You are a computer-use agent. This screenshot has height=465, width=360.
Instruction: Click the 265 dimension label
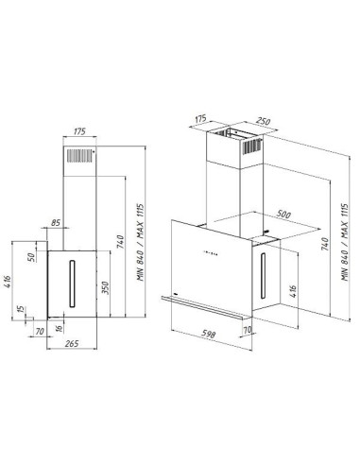72,343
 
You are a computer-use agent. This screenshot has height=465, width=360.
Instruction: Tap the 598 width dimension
208,334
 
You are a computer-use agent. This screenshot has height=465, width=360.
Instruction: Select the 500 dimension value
283,215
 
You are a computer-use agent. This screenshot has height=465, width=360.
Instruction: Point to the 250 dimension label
263,121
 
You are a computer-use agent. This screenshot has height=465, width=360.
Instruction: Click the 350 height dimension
105,287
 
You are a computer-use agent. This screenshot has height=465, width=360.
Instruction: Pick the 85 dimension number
56,223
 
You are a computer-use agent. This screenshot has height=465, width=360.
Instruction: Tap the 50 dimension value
31,257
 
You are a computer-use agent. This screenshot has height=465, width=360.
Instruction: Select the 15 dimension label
21,309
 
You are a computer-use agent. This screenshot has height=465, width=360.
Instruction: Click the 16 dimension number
59,329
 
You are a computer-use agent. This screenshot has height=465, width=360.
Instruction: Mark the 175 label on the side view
79,131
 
